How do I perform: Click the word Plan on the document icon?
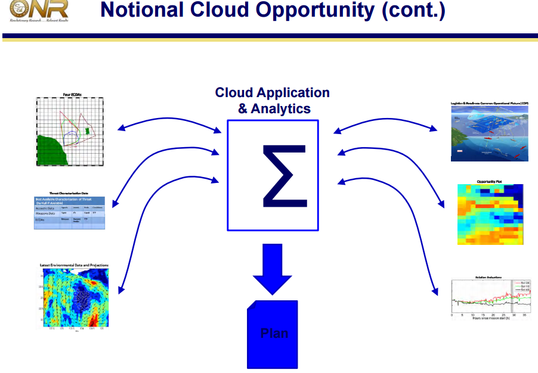click(274, 333)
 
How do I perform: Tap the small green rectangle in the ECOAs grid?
click(87, 130)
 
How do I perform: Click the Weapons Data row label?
click(45, 213)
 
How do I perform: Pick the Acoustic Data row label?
click(45, 208)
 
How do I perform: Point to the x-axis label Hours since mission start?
click(491, 318)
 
